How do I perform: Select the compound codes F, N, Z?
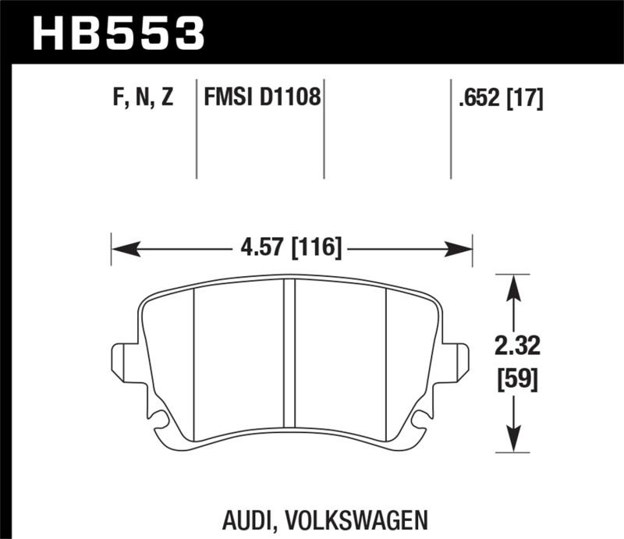pos(141,98)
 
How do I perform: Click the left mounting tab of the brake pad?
pos(122,360)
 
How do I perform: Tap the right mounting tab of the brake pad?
pos(460,360)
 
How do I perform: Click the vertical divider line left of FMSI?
pos(196,129)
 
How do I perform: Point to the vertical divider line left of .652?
pos(450,129)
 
